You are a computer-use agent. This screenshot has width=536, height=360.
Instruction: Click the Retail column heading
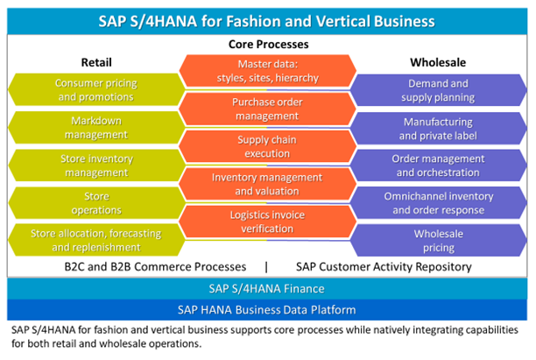tap(96, 62)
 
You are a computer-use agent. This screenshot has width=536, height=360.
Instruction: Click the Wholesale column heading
tap(437, 62)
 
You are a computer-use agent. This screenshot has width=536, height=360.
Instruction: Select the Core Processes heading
tap(268, 44)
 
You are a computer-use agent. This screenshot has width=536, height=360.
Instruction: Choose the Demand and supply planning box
tap(438, 90)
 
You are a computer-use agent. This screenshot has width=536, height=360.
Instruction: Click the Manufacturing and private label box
tap(438, 128)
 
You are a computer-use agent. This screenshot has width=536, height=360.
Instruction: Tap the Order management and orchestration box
tap(438, 166)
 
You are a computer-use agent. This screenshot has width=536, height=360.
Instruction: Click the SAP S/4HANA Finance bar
tap(267, 289)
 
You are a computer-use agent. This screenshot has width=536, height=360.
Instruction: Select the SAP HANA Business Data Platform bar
tap(267, 311)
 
